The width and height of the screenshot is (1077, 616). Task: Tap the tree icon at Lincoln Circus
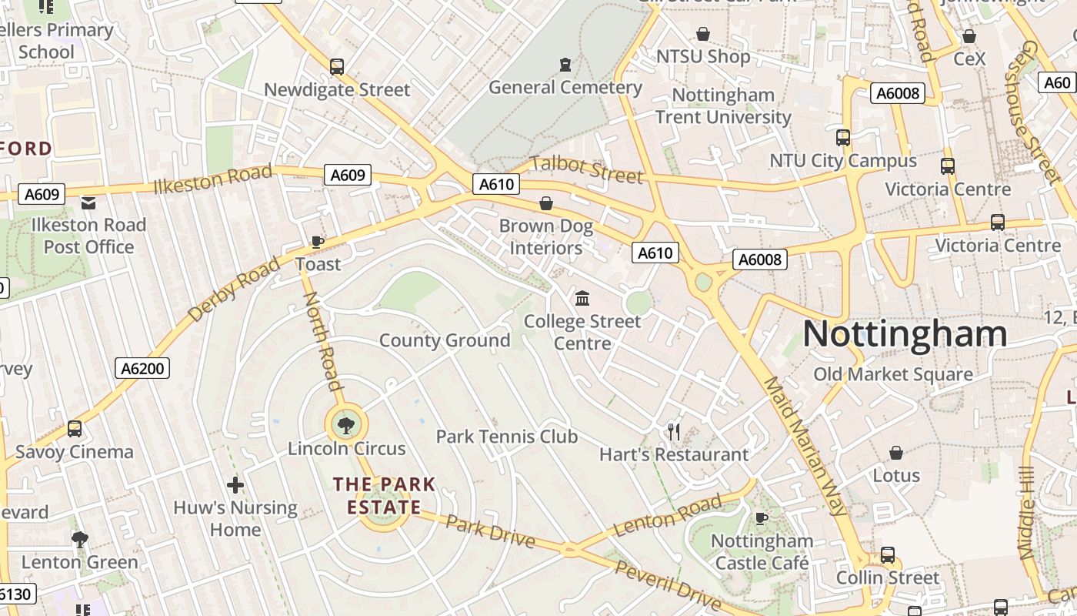tap(346, 423)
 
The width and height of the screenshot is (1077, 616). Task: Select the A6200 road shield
tap(144, 369)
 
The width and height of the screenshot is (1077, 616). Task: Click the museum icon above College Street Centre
tap(582, 298)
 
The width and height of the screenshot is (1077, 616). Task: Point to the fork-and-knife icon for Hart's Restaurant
tap(674, 431)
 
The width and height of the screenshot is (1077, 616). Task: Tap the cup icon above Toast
tap(317, 243)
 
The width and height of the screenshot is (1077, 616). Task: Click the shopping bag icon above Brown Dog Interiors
tap(546, 203)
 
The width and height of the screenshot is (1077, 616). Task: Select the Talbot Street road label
tap(586, 169)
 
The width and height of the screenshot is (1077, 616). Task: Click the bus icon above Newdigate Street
tap(337, 66)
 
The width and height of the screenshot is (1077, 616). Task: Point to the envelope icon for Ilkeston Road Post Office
tap(88, 203)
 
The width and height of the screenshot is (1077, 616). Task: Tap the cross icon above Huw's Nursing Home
tap(235, 485)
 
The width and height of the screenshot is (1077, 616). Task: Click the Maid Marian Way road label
tap(805, 447)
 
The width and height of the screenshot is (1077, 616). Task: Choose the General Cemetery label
tap(565, 88)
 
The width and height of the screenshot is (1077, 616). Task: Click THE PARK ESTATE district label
tap(384, 496)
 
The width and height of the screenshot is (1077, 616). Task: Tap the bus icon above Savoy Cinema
tap(75, 429)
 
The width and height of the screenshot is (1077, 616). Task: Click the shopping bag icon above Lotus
tap(896, 453)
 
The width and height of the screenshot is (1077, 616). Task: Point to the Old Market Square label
tap(893, 375)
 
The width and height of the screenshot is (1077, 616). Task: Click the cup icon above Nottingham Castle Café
tap(762, 518)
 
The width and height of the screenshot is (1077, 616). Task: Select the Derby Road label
tap(234, 291)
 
